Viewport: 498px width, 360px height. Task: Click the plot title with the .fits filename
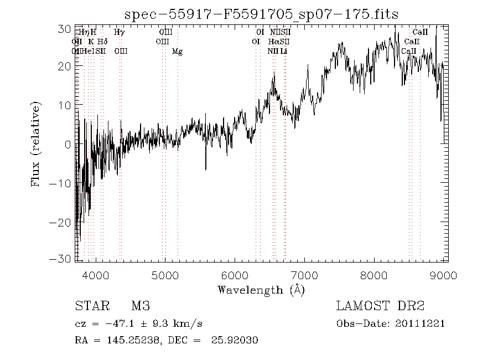click(262, 14)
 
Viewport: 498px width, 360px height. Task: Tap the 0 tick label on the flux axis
click(68, 144)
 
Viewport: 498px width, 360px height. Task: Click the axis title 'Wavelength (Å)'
click(261, 289)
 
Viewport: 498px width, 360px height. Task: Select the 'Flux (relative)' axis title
click(37, 144)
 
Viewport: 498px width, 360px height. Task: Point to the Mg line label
click(177, 52)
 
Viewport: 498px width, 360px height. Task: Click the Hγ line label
click(119, 33)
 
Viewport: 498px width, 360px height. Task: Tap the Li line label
click(283, 52)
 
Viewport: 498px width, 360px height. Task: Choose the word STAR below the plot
click(89, 306)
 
